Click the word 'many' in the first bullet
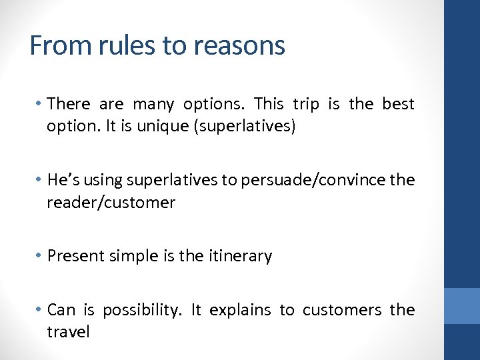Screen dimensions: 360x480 pos(153,104)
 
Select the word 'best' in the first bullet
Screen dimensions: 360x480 pos(398,104)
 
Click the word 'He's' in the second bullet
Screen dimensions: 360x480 pos(65,180)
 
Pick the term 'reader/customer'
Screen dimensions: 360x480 pos(111,203)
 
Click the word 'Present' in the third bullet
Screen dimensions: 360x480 pos(75,256)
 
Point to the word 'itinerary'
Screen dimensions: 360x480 pos(241,256)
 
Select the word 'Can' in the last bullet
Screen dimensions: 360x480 pos(62,310)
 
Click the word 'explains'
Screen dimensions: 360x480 pos(240,310)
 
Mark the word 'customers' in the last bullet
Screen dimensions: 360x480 pos(342,310)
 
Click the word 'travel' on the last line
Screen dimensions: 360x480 pos(68,332)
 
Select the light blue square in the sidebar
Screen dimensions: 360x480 pos(462,305)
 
